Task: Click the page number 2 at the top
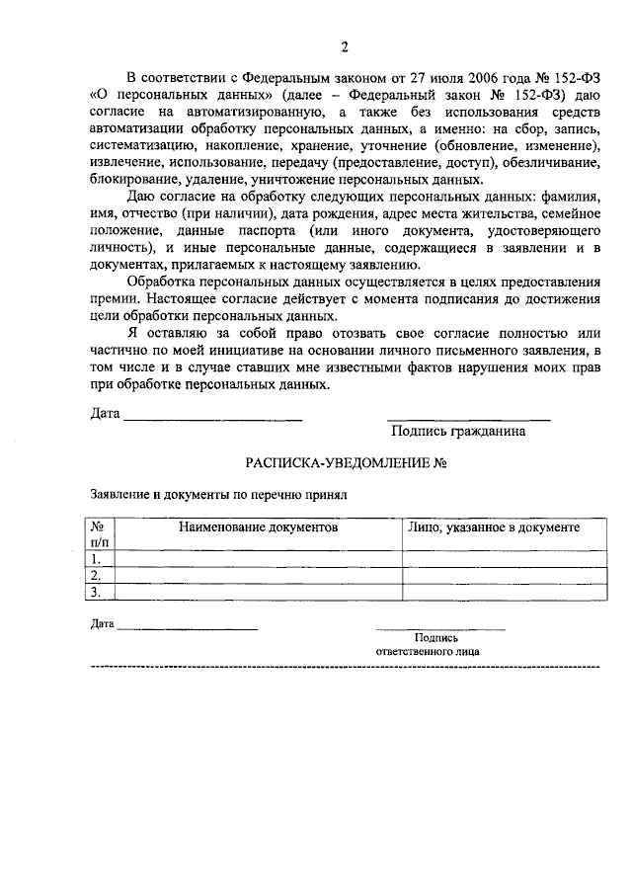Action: (x=345, y=46)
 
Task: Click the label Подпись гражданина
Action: (x=458, y=431)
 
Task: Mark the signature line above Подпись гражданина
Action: (x=468, y=420)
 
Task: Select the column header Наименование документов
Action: (x=259, y=528)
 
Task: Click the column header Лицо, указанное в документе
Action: (x=494, y=528)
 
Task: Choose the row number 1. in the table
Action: (x=96, y=558)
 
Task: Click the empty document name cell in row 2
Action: (x=259, y=575)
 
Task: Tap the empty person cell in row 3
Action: (x=503, y=592)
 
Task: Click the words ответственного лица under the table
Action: (x=429, y=653)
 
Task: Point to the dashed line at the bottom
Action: (x=345, y=668)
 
